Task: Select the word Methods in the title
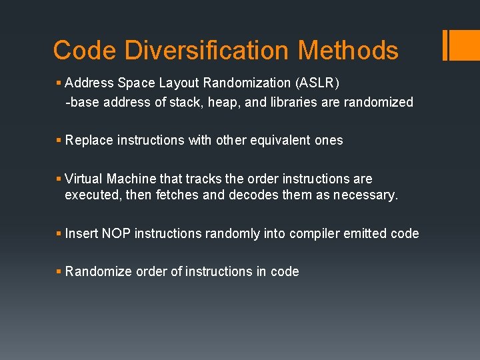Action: (348, 50)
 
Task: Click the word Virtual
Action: (84, 179)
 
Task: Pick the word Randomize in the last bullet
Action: (97, 272)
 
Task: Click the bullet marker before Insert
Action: (59, 234)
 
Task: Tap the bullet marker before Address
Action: (59, 83)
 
